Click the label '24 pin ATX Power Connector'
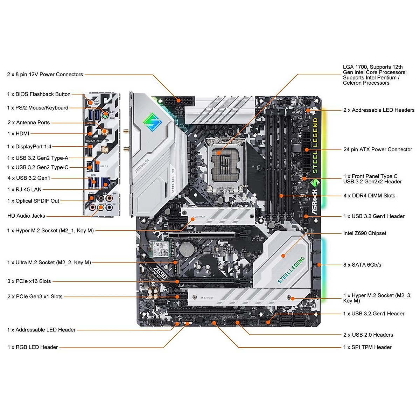click(x=378, y=149)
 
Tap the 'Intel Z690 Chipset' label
click(x=365, y=233)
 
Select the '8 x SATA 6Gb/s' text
click(x=362, y=265)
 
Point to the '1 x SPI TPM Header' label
click(x=367, y=347)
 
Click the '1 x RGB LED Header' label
click(x=33, y=347)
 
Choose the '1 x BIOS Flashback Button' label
click(x=39, y=94)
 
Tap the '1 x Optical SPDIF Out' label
click(x=33, y=201)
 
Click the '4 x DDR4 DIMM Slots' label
click(x=369, y=196)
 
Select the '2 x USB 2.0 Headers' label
click(x=368, y=335)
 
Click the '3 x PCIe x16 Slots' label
click(x=29, y=281)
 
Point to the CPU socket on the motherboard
click(x=226, y=162)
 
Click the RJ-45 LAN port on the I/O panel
click(x=105, y=182)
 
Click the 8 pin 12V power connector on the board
click(x=178, y=100)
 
